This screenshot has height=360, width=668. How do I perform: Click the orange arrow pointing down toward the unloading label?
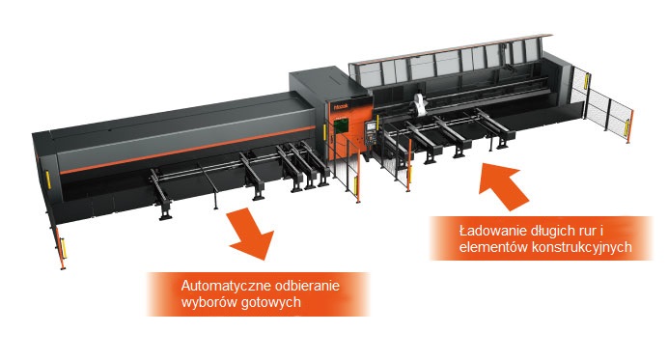(251, 234)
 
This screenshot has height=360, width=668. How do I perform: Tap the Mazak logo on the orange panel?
(342, 105)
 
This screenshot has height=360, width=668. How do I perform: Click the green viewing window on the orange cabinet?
(342, 127)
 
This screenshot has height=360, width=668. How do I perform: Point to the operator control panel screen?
(371, 126)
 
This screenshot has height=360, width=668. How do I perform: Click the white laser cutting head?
(419, 105)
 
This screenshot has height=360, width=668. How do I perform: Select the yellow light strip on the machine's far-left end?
(48, 180)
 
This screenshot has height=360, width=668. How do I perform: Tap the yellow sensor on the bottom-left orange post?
(64, 248)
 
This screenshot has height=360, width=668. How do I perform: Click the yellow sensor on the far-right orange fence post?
(627, 128)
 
